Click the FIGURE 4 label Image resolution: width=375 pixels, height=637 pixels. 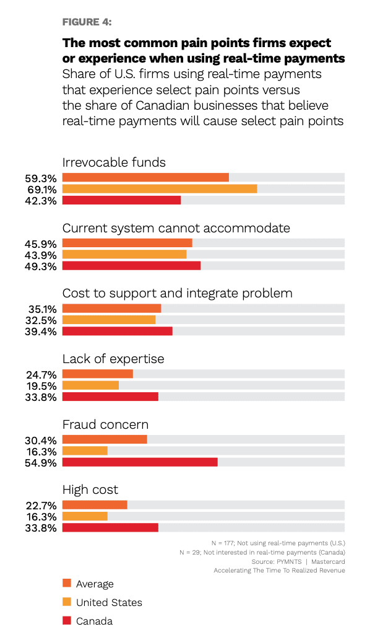86,22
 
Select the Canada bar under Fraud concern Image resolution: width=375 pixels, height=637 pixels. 140,462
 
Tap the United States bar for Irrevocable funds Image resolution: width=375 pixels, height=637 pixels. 160,189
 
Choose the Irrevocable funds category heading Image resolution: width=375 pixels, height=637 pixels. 114,162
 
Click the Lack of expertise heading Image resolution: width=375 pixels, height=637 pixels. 113,359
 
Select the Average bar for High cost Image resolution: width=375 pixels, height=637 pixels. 95,505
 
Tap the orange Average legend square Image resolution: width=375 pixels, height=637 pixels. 67,583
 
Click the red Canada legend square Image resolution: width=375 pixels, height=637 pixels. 67,620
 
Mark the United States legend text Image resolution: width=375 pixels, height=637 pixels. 109,602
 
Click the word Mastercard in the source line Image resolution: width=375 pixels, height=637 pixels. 328,561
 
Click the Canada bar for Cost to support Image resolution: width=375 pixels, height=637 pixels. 118,332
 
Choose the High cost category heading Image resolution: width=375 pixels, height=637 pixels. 90,490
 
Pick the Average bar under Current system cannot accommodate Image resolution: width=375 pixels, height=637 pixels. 127,244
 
